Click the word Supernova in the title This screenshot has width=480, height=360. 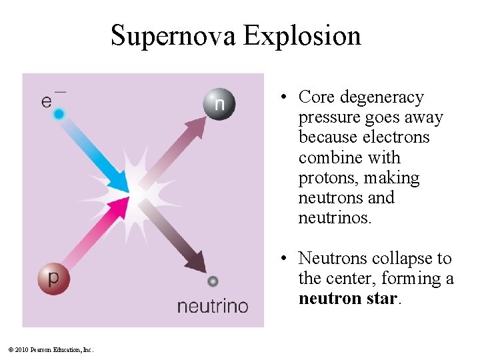click(173, 35)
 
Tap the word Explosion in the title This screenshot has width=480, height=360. click(302, 35)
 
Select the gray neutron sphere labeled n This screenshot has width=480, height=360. click(219, 104)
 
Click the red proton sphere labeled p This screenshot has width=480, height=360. click(53, 279)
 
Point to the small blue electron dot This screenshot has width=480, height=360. click(59, 115)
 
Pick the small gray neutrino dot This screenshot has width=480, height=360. click(213, 281)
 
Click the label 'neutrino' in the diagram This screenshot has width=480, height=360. click(212, 307)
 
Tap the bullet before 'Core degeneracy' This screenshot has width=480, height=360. click(283, 98)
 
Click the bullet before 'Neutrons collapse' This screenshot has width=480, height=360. click(283, 259)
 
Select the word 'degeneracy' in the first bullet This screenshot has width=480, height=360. click(381, 97)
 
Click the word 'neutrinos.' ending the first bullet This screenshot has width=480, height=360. click(335, 217)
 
